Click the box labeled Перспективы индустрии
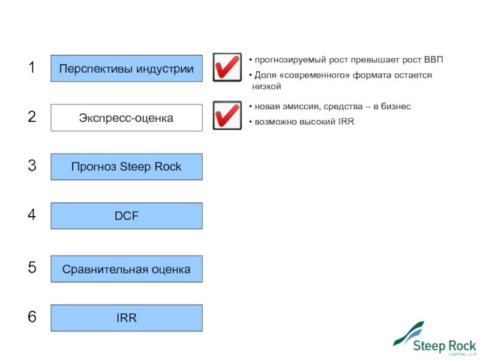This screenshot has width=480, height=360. pos(126,68)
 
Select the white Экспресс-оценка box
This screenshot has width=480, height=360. pos(126,118)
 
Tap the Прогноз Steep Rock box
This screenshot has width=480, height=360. pos(126,167)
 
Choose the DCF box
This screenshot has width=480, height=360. pos(126,216)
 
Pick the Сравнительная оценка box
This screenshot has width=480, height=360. pos(126,269)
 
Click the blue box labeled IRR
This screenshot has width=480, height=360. pos(126,318)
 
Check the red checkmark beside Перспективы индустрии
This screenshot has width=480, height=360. pos(227,67)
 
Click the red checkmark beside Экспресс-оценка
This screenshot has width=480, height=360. pos(227,116)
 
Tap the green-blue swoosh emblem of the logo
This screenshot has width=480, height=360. pos(407,334)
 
